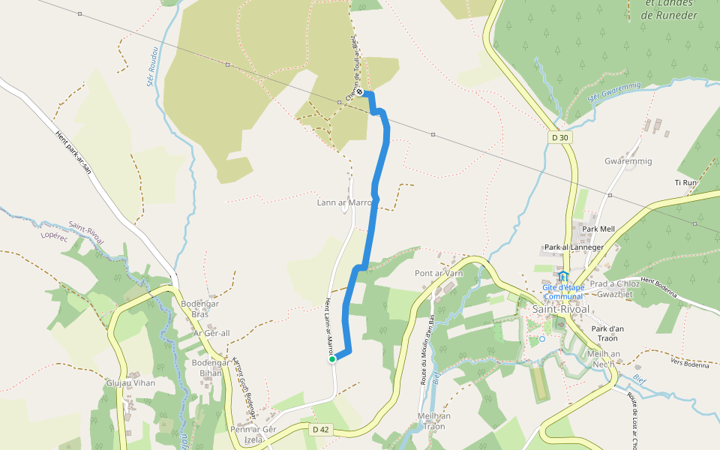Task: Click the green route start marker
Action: [x=332, y=359]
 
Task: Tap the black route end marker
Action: [x=361, y=91]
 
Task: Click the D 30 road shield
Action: [x=558, y=137]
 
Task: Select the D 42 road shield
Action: [x=320, y=429]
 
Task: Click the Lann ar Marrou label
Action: [x=345, y=202]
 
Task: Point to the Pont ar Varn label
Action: [x=439, y=273]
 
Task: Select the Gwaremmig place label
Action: [x=628, y=161]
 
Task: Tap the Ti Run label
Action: [x=686, y=182]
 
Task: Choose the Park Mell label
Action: [x=598, y=229]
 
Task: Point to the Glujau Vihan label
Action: [x=130, y=382]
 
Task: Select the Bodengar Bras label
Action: [x=199, y=309]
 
